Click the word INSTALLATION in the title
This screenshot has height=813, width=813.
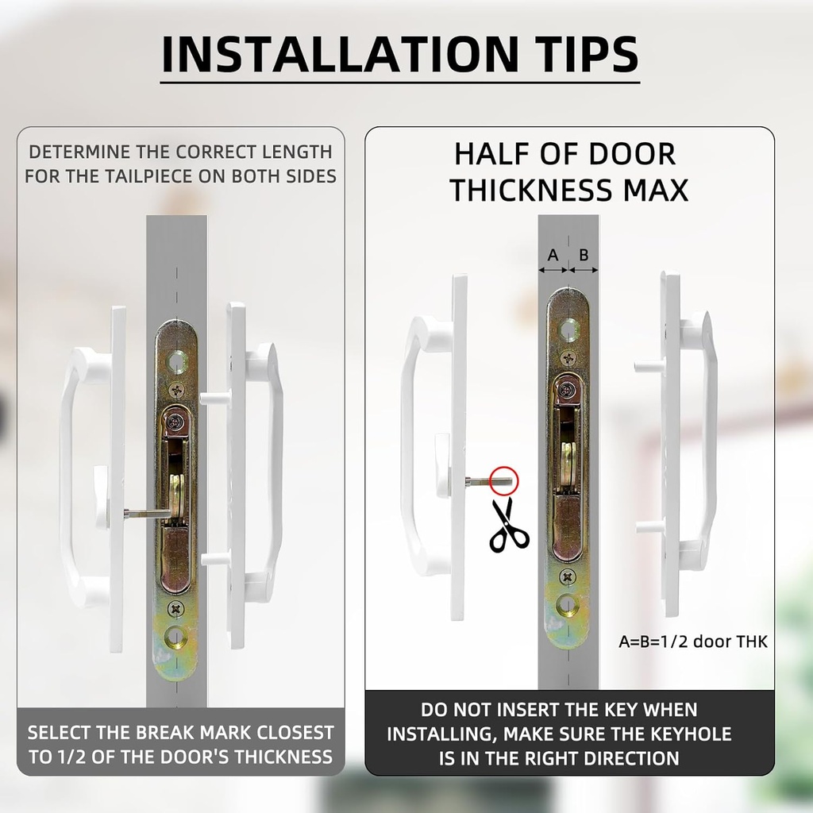coord(340,54)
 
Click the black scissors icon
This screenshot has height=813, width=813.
coord(509,525)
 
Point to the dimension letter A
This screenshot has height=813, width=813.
coord(553,255)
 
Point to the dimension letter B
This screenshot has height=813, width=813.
coord(584,255)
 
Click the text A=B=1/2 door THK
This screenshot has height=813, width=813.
coord(692,642)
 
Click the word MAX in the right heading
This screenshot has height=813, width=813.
coord(655,190)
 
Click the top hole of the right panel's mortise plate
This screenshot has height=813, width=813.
coord(568,329)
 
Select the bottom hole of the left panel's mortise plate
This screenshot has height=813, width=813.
coord(176,637)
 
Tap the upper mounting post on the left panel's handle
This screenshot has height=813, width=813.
coord(214,399)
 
